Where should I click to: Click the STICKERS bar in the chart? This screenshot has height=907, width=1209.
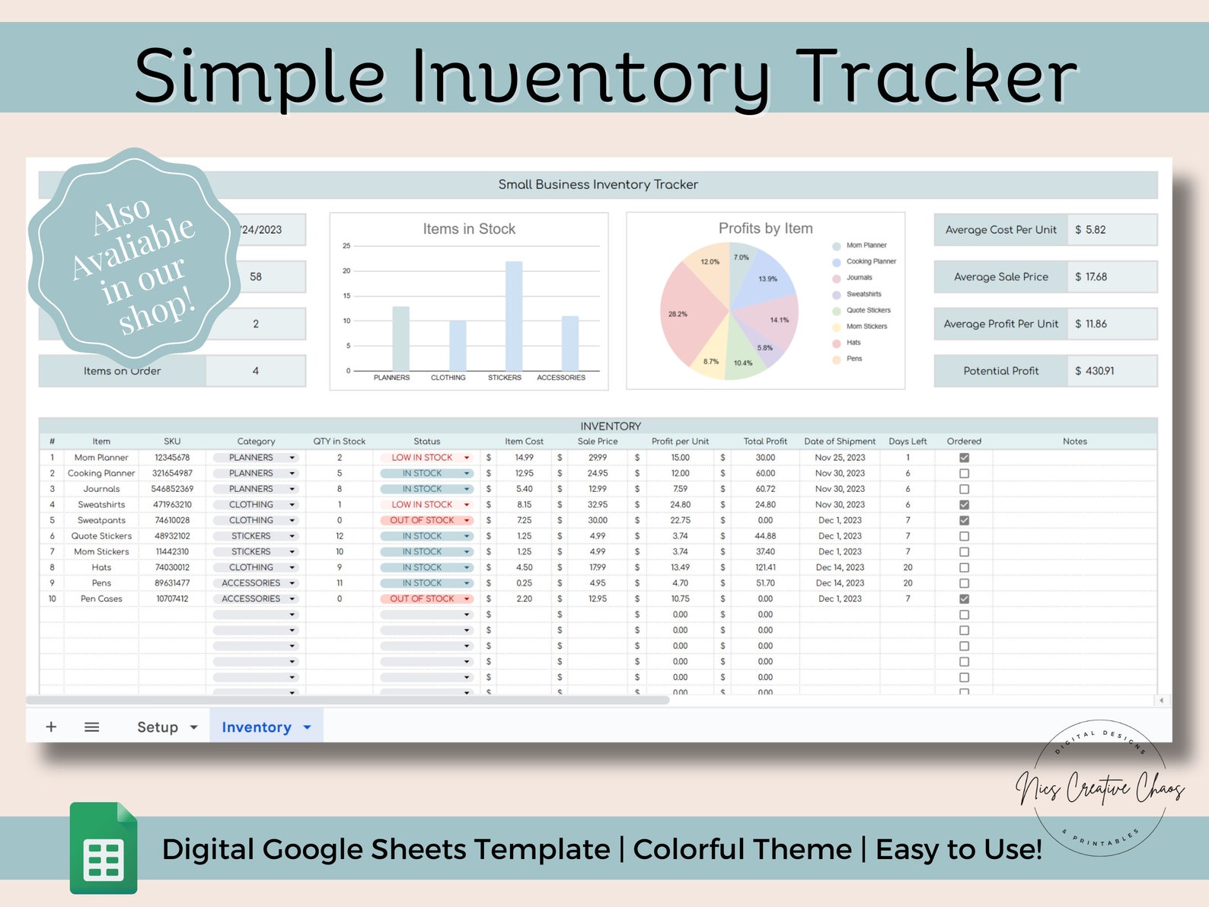(x=514, y=316)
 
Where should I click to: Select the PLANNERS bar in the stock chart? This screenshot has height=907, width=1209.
(x=400, y=338)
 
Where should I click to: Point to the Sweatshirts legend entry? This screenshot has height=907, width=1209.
(x=863, y=294)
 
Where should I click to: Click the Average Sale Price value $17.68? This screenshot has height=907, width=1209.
(x=1091, y=277)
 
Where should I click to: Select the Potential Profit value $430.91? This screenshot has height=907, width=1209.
(x=1094, y=371)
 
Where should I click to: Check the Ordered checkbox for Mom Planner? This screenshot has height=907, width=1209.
(x=964, y=458)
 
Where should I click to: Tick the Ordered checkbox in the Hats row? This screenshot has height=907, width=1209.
(x=964, y=567)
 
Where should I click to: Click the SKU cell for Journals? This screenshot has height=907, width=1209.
(x=172, y=489)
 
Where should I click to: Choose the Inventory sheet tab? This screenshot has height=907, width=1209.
(x=257, y=727)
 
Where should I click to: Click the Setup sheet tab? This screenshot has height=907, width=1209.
(x=158, y=727)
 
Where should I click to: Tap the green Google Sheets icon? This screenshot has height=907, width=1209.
(x=104, y=848)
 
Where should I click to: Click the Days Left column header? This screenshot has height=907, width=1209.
(x=908, y=441)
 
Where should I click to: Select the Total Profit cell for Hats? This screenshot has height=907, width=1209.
(x=765, y=567)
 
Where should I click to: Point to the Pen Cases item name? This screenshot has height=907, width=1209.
(x=101, y=599)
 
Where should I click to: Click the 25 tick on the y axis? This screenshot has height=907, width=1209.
(x=346, y=246)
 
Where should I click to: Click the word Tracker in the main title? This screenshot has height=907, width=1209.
(x=936, y=76)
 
